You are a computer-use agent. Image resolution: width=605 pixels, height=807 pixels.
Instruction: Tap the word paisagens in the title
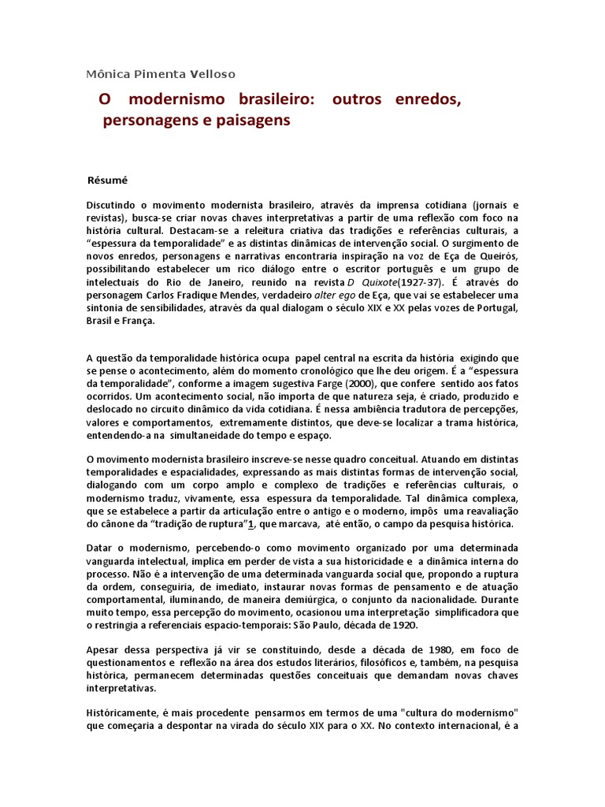coord(254,121)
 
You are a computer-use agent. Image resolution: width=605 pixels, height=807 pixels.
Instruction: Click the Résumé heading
coord(107,180)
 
